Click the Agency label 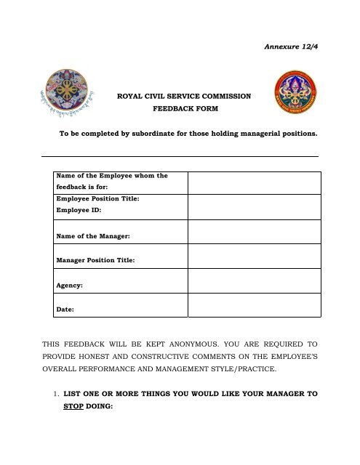pyautogui.click(x=69, y=286)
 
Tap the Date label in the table pyautogui.click(x=65, y=311)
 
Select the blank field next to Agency pyautogui.click(x=255, y=280)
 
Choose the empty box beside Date pyautogui.click(x=255, y=305)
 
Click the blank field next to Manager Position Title pyautogui.click(x=255, y=255)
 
